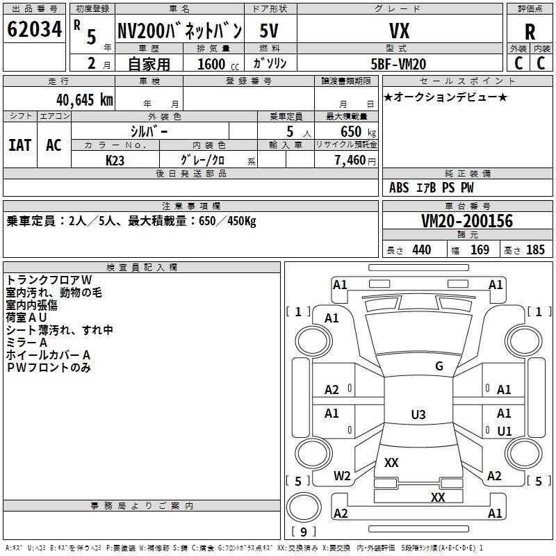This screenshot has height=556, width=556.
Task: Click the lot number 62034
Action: [34, 31]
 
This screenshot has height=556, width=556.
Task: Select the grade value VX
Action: [399, 31]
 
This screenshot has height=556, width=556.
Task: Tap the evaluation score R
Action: [530, 32]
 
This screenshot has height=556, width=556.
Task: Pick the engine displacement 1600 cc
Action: [211, 64]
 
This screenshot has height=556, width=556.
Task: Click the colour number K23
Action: [115, 160]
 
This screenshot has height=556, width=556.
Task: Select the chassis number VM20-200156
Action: [467, 221]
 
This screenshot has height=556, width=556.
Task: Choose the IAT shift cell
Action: [19, 145]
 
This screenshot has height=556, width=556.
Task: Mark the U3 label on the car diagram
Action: [418, 415]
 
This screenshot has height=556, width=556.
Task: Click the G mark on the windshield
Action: [439, 366]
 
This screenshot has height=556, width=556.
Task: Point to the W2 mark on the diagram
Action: [341, 476]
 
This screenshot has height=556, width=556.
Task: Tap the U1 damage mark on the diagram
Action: [504, 431]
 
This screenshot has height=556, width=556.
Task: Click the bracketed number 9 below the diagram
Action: [304, 532]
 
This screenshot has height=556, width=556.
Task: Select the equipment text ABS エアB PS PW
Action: [432, 188]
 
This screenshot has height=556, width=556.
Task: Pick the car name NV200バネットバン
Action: [179, 31]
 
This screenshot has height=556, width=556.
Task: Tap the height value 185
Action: [535, 250]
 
